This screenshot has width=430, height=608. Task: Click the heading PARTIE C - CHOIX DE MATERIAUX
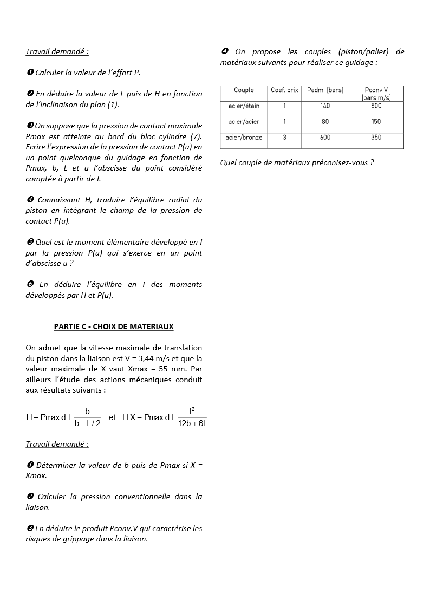point(114,326)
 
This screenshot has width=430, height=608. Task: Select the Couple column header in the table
point(244,90)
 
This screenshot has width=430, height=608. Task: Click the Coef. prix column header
point(284,90)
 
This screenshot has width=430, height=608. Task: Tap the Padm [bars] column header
point(325,90)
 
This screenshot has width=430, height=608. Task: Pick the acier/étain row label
point(244,106)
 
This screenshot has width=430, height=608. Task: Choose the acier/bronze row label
point(244,138)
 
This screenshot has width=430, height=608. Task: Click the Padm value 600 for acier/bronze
point(325,138)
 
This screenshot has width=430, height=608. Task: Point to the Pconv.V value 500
point(376,106)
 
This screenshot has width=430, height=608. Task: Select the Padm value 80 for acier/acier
point(325,122)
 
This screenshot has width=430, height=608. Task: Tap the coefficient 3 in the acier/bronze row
point(284,138)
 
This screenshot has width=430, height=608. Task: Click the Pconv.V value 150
point(376,122)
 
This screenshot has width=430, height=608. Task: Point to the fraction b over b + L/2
point(88,417)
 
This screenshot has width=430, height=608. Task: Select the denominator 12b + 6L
point(192,423)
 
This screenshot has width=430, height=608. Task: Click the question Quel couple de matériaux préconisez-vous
point(297,162)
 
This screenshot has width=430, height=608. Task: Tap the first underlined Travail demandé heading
point(57,51)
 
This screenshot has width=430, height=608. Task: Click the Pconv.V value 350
point(376,138)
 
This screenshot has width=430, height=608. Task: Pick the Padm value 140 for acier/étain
point(325,106)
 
